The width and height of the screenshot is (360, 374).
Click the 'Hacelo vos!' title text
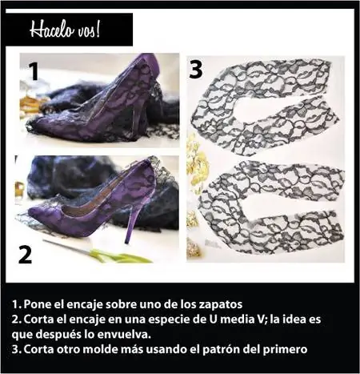click(x=65, y=30)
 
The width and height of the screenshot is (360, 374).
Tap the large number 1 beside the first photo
click(x=34, y=71)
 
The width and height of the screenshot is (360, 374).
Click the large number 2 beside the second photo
click(x=26, y=255)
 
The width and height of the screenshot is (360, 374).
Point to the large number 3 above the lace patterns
click(x=196, y=70)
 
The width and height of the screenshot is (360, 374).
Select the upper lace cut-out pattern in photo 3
click(x=264, y=107)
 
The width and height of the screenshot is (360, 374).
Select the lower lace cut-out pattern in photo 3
click(x=270, y=207)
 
